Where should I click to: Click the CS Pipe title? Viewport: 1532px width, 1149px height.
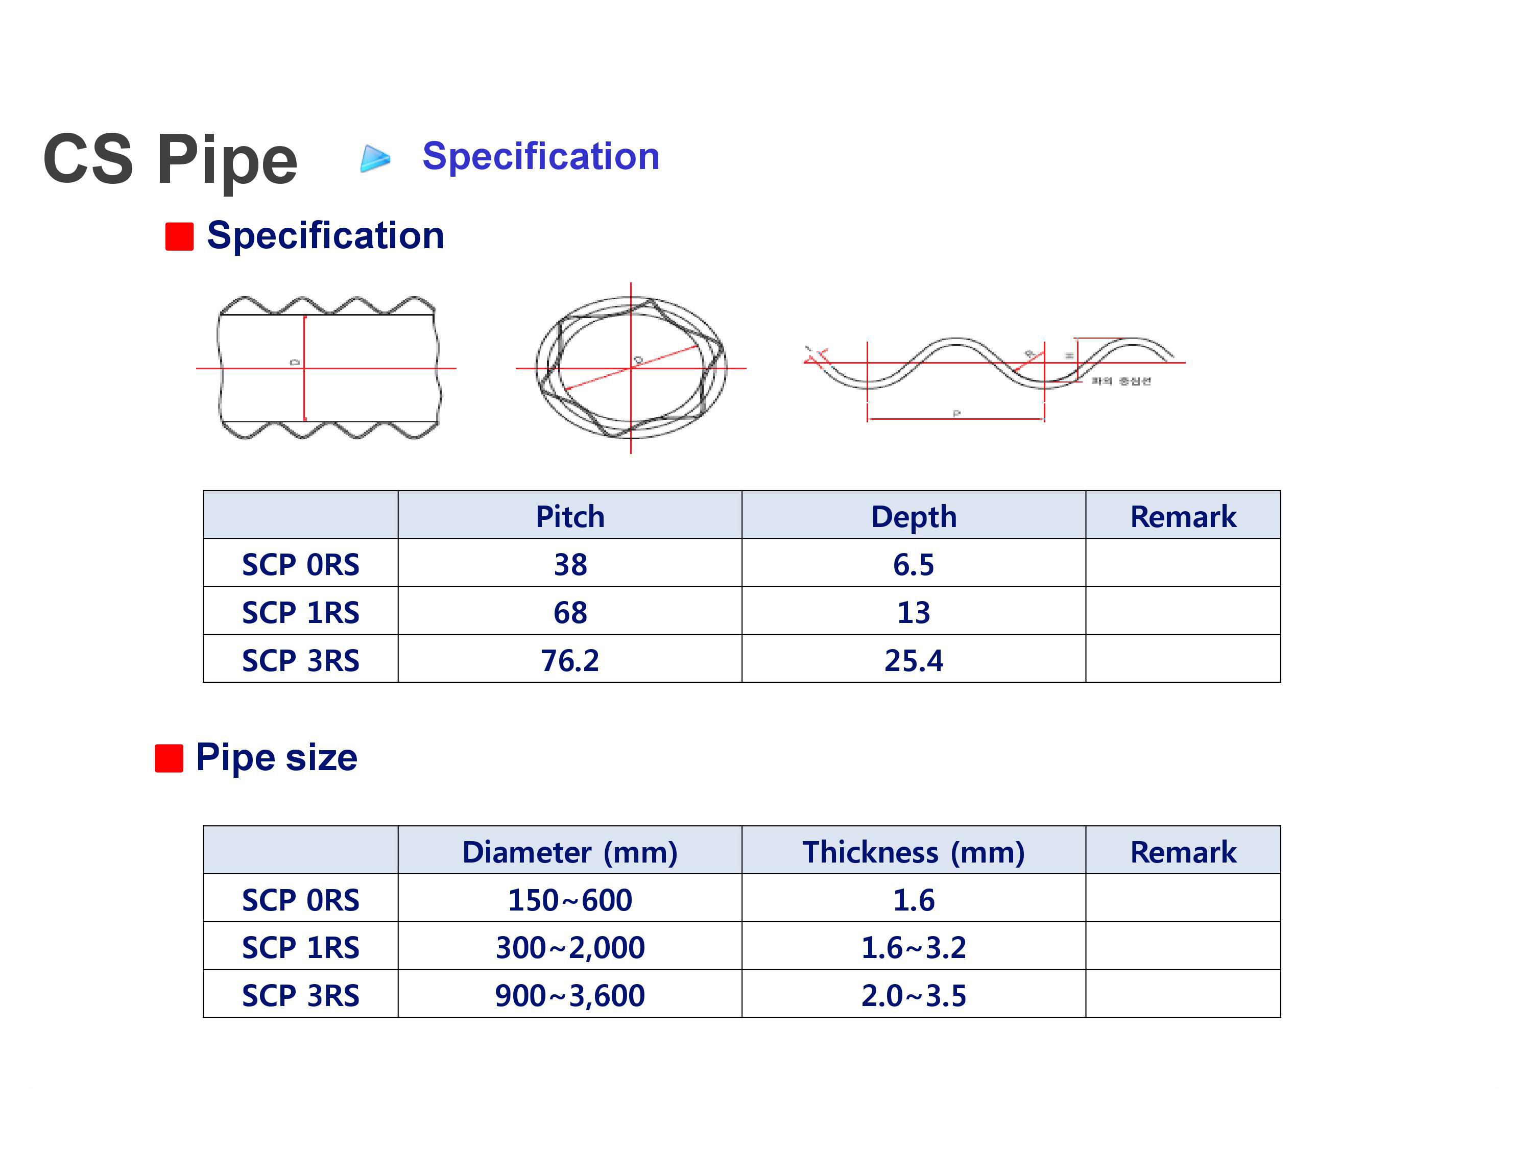171,159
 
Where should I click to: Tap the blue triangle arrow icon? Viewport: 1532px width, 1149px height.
375,159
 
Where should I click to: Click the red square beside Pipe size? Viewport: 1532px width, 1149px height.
169,758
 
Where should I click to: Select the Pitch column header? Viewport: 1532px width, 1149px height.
570,517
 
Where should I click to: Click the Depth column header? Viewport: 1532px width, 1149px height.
914,517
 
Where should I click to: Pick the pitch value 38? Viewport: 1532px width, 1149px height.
570,564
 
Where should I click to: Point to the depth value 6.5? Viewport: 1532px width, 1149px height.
914,564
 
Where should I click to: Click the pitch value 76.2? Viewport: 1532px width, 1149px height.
570,660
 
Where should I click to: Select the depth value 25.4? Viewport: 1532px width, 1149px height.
914,660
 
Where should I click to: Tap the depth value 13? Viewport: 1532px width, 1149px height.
914,612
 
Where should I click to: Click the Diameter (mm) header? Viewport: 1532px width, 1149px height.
570,852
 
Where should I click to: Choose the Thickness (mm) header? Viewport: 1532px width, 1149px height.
914,852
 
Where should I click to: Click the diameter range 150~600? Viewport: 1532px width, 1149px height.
570,900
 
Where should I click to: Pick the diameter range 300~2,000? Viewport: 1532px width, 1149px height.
570,947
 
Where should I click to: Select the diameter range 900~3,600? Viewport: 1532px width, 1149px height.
570,995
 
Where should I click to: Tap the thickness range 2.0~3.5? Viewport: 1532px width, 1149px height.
914,995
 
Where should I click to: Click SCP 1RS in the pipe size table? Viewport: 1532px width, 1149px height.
301,947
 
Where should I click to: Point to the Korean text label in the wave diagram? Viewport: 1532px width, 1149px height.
1120,381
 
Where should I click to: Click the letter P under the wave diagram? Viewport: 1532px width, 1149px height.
956,414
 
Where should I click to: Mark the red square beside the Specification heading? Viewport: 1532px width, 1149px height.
179,236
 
